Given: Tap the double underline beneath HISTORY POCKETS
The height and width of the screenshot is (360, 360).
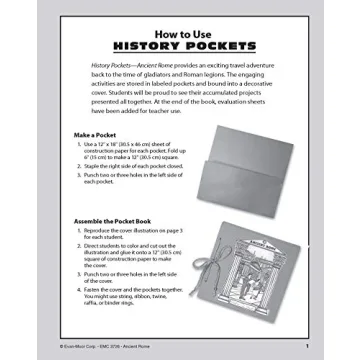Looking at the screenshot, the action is click(x=180, y=54).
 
